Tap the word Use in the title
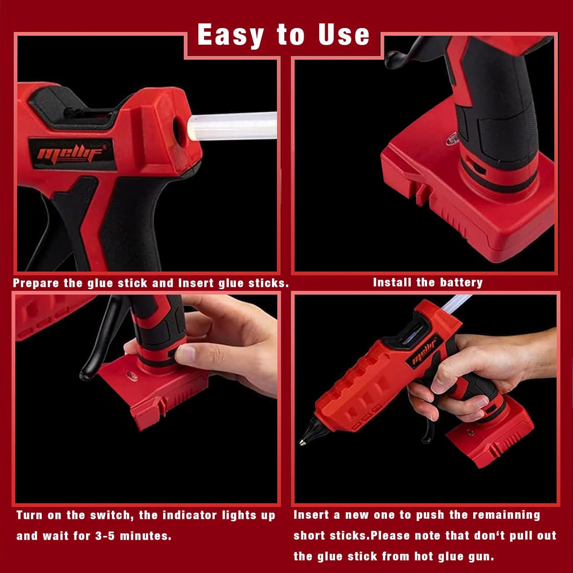(x=344, y=35)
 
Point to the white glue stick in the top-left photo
(x=237, y=126)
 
